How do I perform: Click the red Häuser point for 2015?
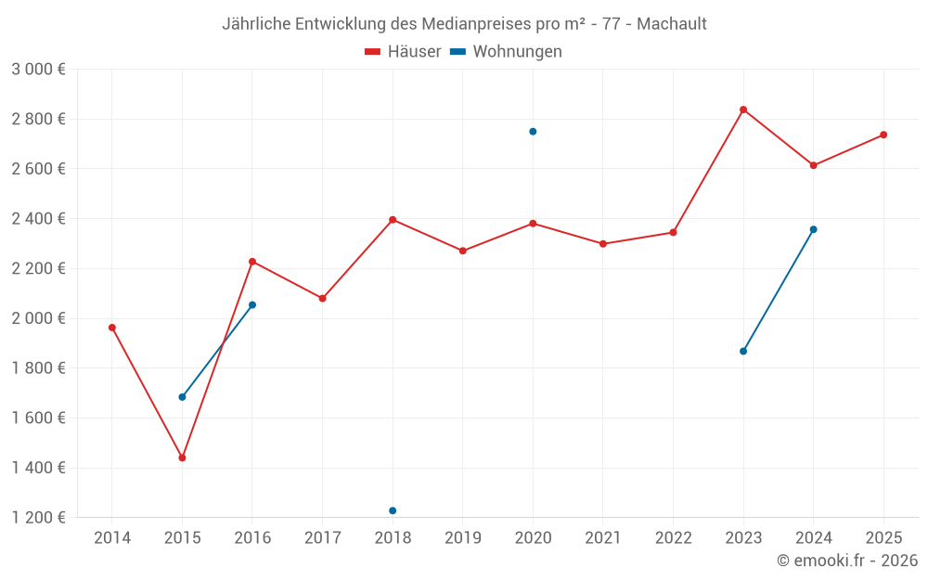pyautogui.click(x=182, y=458)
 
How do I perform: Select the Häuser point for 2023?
pyautogui.click(x=743, y=110)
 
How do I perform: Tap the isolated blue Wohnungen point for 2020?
pyautogui.click(x=533, y=132)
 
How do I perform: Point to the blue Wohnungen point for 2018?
pyautogui.click(x=393, y=510)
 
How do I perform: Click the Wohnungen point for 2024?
pyautogui.click(x=813, y=229)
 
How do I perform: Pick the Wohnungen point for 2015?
pyautogui.click(x=182, y=397)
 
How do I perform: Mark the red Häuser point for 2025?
pyautogui.click(x=883, y=135)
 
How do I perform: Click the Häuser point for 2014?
pyautogui.click(x=112, y=328)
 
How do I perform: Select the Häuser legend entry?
pyautogui.click(x=403, y=52)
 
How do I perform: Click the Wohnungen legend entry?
pyautogui.click(x=506, y=52)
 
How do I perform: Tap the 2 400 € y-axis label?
pyautogui.click(x=38, y=219)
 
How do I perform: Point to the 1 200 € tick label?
pyautogui.click(x=38, y=518)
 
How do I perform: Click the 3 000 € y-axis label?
pyautogui.click(x=38, y=70)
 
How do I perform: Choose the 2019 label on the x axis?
pyautogui.click(x=462, y=538)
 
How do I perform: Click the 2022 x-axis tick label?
pyautogui.click(x=673, y=538)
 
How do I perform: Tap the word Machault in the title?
pyautogui.click(x=671, y=24)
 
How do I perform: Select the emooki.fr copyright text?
pyautogui.click(x=846, y=561)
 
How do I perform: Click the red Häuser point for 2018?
pyautogui.click(x=393, y=220)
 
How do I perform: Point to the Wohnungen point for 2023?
pyautogui.click(x=743, y=351)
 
